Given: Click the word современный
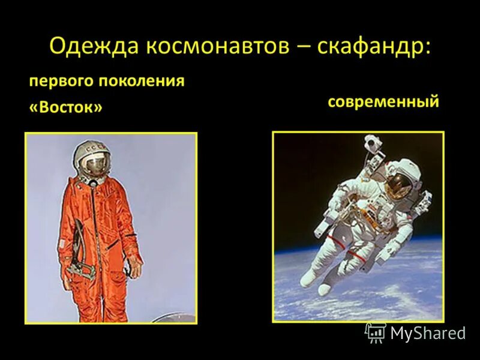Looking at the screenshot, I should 383,101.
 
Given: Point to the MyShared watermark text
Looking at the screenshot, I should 428,334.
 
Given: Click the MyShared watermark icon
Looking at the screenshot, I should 376,332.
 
